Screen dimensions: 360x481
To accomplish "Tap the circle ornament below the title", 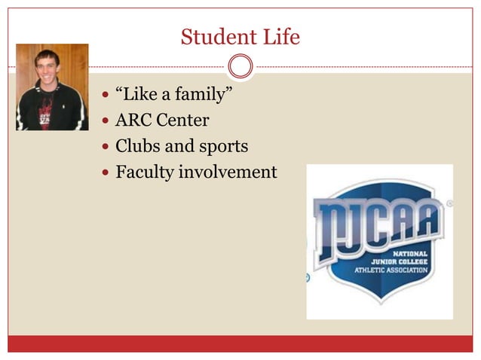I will click(x=240, y=66).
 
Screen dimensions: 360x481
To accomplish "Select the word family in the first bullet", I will click(x=197, y=96).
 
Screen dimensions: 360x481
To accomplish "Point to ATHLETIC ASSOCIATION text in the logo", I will click(x=391, y=270).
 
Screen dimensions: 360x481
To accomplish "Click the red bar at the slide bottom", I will click(x=240, y=343).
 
